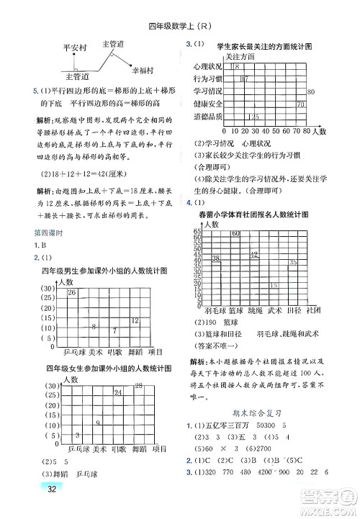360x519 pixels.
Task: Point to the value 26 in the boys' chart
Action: tap(72, 293)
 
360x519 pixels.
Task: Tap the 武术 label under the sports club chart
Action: tap(274, 311)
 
